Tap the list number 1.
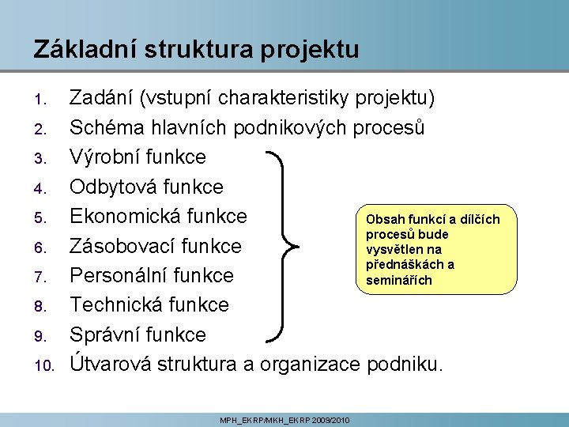coord(44,100)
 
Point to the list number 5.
coord(44,217)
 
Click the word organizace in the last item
coord(303,364)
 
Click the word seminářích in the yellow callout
coord(398,280)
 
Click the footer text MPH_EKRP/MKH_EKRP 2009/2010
coord(284,418)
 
